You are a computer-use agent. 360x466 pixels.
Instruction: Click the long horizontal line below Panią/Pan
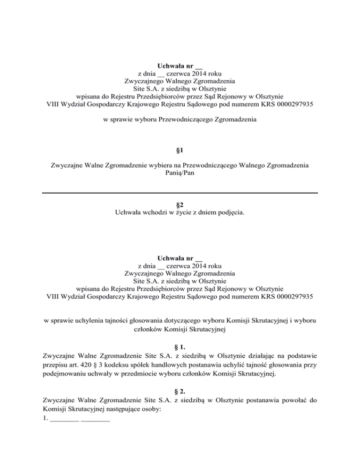180,193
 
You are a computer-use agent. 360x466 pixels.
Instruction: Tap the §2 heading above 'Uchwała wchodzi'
180,204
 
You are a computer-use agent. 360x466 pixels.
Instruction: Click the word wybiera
154,165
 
